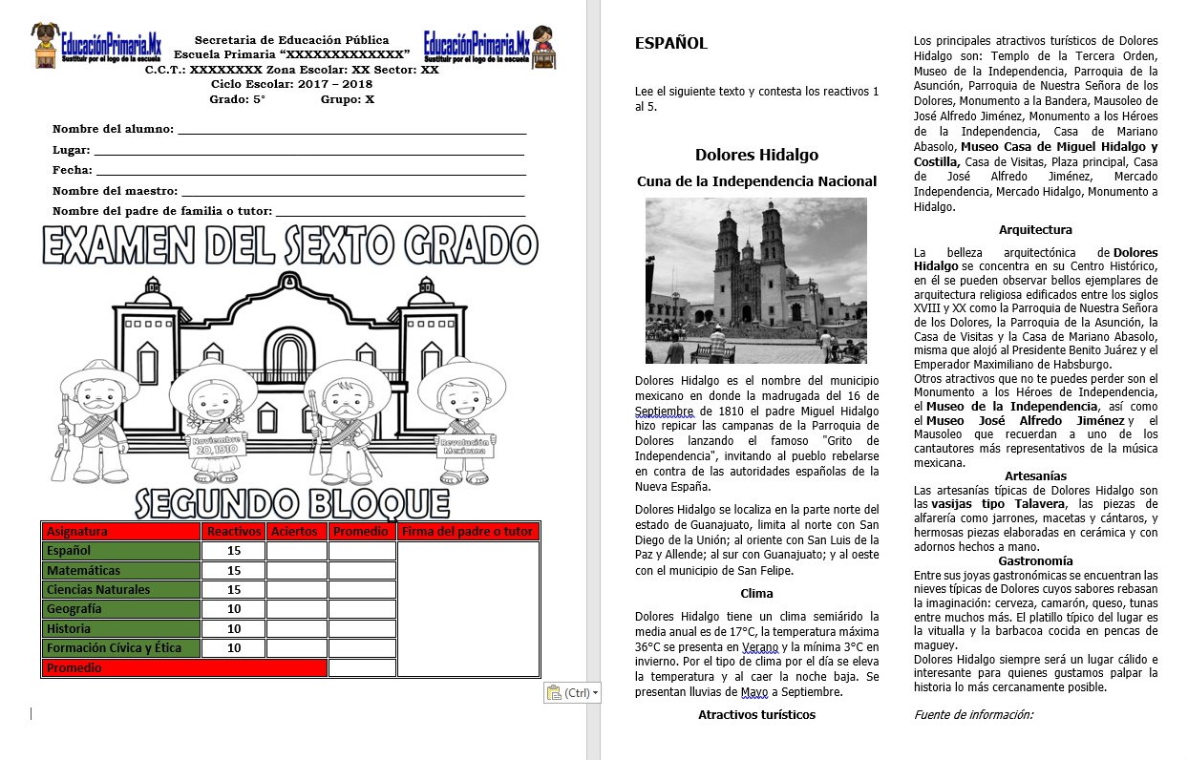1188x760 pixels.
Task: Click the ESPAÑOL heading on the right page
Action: click(670, 43)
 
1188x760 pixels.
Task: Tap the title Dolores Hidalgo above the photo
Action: click(756, 155)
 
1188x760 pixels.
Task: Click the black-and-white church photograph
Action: click(755, 280)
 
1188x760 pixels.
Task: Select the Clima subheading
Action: click(756, 593)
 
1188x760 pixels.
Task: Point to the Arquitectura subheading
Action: click(1035, 229)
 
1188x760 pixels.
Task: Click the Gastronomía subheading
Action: click(1035, 560)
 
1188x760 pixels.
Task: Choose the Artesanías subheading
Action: click(1035, 475)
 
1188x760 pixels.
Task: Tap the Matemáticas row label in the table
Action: click(84, 570)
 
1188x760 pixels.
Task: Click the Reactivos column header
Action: click(234, 531)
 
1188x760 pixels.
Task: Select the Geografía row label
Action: click(74, 609)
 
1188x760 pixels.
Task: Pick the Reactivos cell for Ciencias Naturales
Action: click(234, 590)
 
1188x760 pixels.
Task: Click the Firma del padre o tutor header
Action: click(468, 531)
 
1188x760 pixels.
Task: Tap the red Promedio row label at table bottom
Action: click(74, 668)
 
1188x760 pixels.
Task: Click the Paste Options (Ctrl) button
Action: click(572, 692)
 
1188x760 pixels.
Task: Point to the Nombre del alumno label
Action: click(113, 129)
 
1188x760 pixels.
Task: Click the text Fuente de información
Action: click(973, 714)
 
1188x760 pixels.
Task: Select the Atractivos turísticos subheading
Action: click(756, 714)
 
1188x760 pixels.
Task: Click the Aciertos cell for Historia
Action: click(296, 629)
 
